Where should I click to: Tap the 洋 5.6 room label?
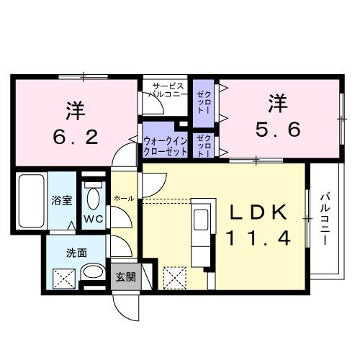click(x=276, y=117)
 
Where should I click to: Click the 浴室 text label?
click(x=60, y=201)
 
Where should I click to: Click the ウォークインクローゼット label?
click(x=165, y=146)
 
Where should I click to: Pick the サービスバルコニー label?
click(x=168, y=89)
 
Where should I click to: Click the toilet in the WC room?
click(x=93, y=194)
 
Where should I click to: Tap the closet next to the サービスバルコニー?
click(x=202, y=99)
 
